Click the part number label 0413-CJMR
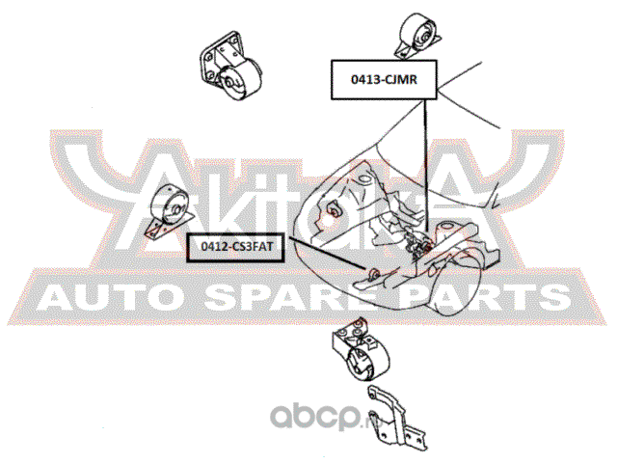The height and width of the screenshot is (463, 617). point(384,80)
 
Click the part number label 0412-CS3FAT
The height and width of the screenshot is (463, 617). point(236,247)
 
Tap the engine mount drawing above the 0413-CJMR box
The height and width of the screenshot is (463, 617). point(417,35)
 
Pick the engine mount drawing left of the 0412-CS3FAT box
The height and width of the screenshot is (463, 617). point(170,211)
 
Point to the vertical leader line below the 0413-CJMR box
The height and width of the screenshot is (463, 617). point(426,165)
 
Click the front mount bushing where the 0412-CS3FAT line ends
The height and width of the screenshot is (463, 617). point(374,272)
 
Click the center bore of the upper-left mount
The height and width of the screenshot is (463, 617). point(228,83)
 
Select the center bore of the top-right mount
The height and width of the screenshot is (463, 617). point(424,39)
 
